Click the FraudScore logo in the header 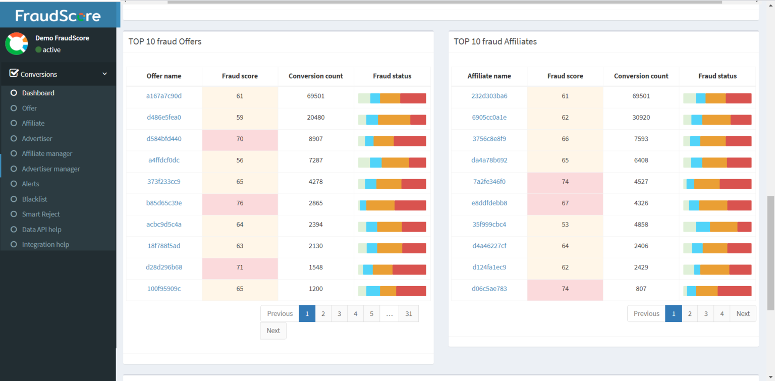click(x=58, y=16)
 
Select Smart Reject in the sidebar click(x=41, y=214)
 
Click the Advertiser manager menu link click(x=50, y=169)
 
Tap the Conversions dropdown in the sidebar click(x=58, y=74)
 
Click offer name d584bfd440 click(x=164, y=139)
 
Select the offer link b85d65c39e click(x=164, y=203)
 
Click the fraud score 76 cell click(x=240, y=203)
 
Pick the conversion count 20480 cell click(x=316, y=118)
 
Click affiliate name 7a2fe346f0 click(x=489, y=182)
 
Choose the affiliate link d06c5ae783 click(x=489, y=289)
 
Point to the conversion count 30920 click(x=641, y=118)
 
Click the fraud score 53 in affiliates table click(x=565, y=225)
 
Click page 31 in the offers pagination click(x=409, y=314)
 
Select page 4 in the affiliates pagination click(x=722, y=314)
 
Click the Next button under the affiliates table click(x=743, y=314)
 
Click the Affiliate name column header click(x=489, y=76)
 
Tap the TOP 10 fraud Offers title click(x=165, y=42)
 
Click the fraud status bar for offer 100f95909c click(x=392, y=291)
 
